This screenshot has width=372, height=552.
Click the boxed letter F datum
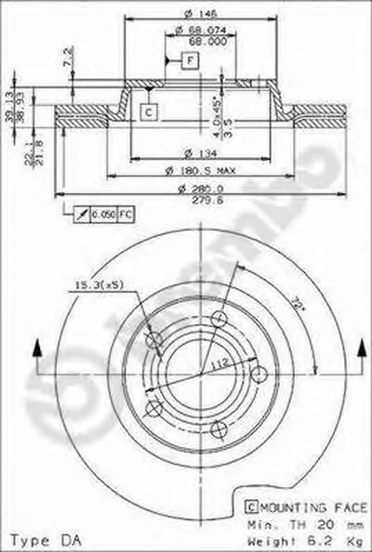(x=191, y=61)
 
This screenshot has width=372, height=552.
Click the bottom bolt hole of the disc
(x=218, y=428)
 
